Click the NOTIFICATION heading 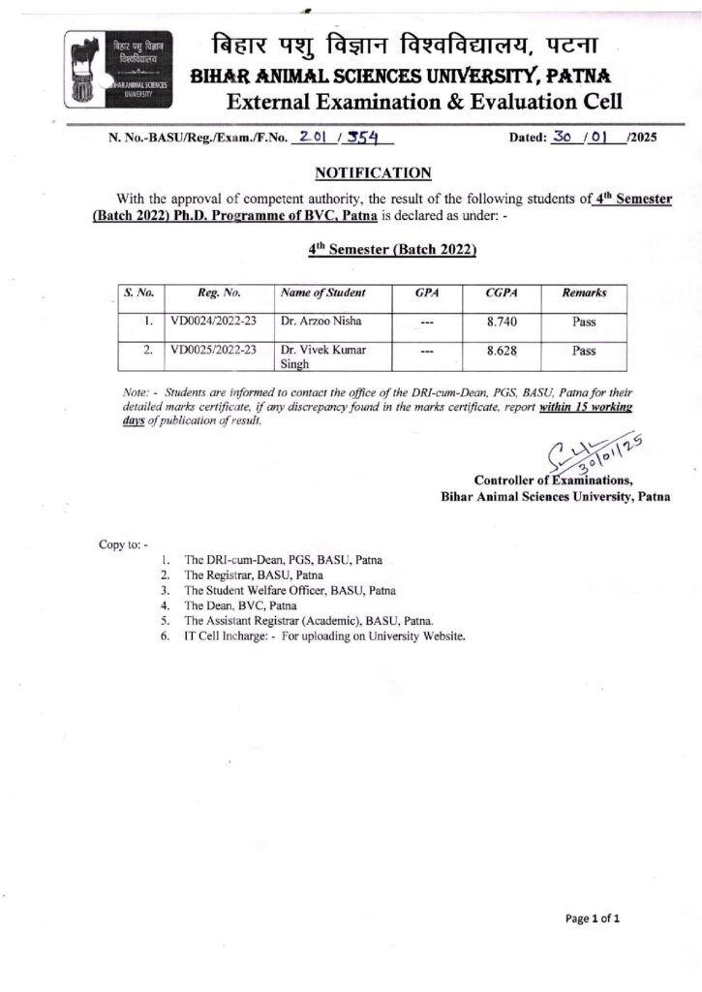coord(373,173)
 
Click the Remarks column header coord(584,293)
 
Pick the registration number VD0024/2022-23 coord(212,322)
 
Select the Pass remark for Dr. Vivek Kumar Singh coord(584,352)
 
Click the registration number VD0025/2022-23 coord(212,351)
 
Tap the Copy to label coord(122,543)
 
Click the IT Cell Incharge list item coord(324,636)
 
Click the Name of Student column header coord(322,293)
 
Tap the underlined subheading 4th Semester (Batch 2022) coord(393,249)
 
